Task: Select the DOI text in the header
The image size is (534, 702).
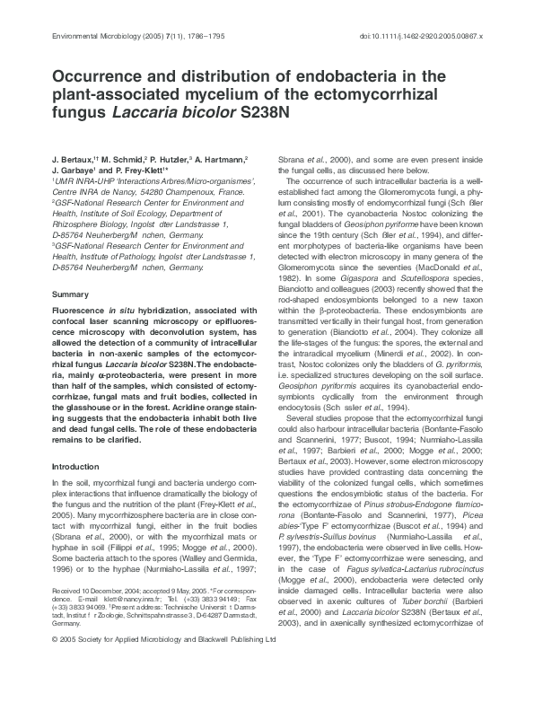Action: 419,36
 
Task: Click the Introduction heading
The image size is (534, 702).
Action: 75,466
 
